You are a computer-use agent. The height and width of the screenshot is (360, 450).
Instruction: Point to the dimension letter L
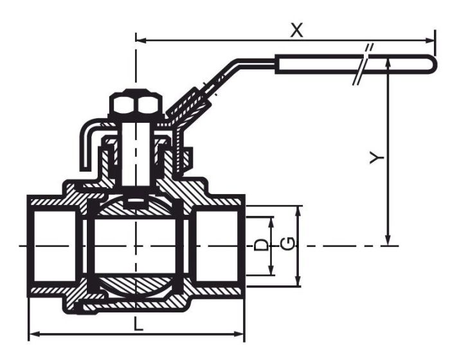pos(138,325)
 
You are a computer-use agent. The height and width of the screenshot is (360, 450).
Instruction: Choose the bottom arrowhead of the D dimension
pos(272,271)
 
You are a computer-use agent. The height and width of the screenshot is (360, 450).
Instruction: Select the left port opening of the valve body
pos(51,246)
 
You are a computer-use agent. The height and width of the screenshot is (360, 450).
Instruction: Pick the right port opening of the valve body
pos(219,246)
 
